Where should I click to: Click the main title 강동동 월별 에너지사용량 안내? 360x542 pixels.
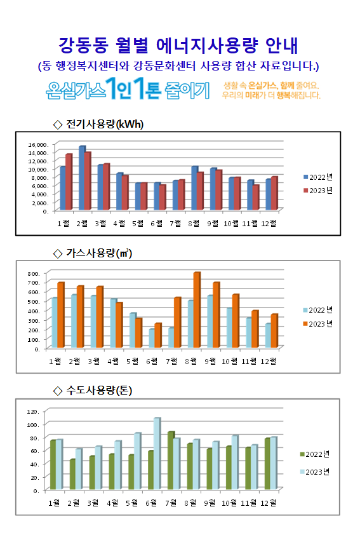pyautogui.click(x=178, y=45)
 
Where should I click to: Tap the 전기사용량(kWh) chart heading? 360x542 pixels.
pyautogui.click(x=98, y=124)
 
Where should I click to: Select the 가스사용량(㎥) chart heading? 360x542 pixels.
pyautogui.click(x=93, y=253)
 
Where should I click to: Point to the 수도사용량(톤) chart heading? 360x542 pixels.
pyautogui.click(x=93, y=391)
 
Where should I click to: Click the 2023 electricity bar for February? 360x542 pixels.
pyautogui.click(x=88, y=181)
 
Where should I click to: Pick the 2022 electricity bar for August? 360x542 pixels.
pyautogui.click(x=195, y=188)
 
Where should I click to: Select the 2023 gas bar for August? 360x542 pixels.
pyautogui.click(x=197, y=309)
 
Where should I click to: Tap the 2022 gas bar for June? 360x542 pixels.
pyautogui.click(x=152, y=338)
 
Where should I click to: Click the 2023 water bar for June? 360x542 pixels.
pyautogui.click(x=157, y=454)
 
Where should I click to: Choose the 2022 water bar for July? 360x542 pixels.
pyautogui.click(x=171, y=461)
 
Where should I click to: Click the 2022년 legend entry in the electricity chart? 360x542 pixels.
pyautogui.click(x=318, y=177)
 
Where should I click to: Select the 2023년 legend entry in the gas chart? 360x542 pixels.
pyautogui.click(x=318, y=324)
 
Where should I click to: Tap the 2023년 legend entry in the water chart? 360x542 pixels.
pyautogui.click(x=315, y=472)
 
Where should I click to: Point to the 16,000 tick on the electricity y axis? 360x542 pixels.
pyautogui.click(x=37, y=144)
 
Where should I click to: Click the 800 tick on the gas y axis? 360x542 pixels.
pyautogui.click(x=34, y=273)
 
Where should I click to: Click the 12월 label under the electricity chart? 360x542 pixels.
pyautogui.click(x=269, y=224)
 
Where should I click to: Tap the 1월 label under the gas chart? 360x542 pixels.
pyautogui.click(x=55, y=361)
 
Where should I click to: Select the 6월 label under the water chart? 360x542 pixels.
pyautogui.click(x=151, y=503)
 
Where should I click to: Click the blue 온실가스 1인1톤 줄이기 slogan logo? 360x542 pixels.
pyautogui.click(x=128, y=89)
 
